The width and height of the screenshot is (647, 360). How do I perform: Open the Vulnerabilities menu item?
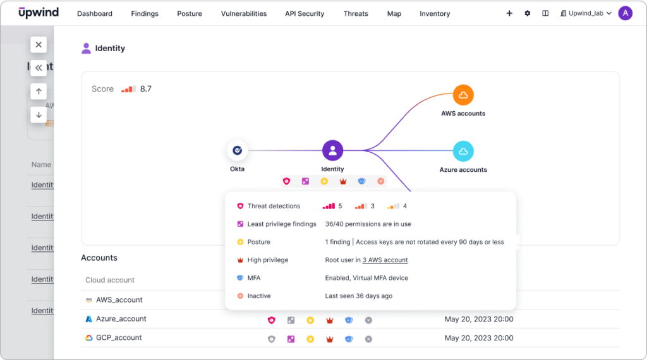pyautogui.click(x=243, y=13)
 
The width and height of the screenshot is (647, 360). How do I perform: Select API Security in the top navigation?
pyautogui.click(x=304, y=13)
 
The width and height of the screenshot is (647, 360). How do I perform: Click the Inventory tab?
pyautogui.click(x=435, y=13)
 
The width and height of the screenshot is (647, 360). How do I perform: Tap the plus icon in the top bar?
pyautogui.click(x=509, y=13)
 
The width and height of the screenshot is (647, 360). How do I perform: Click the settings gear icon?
pyautogui.click(x=528, y=13)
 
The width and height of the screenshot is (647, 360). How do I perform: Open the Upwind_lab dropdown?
pyautogui.click(x=586, y=13)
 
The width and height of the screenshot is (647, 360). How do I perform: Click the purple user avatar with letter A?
pyautogui.click(x=625, y=13)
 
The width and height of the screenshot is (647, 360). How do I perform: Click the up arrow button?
pyautogui.click(x=39, y=92)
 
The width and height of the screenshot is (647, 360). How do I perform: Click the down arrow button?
pyautogui.click(x=39, y=115)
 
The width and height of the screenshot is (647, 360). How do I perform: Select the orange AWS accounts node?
pyautogui.click(x=463, y=95)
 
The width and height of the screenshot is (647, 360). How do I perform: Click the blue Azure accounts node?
pyautogui.click(x=463, y=151)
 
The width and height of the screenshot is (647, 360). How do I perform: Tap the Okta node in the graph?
pyautogui.click(x=237, y=151)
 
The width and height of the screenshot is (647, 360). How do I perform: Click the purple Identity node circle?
pyautogui.click(x=332, y=151)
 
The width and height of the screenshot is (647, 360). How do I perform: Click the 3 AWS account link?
pyautogui.click(x=385, y=260)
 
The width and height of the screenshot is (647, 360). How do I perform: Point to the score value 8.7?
pyautogui.click(x=145, y=89)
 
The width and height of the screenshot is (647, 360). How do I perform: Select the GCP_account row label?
pyautogui.click(x=118, y=338)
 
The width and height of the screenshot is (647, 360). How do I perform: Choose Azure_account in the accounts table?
pyautogui.click(x=121, y=319)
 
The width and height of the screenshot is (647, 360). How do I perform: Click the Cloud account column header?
pyautogui.click(x=110, y=280)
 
